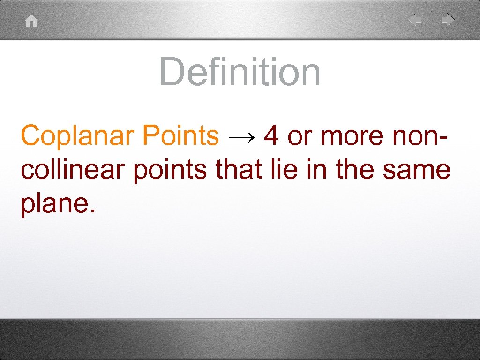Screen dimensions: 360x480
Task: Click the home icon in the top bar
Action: tap(31, 22)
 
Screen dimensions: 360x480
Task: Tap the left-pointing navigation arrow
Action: tap(415, 20)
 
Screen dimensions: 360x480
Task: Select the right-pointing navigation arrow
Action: tap(448, 20)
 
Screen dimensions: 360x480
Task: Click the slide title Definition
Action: tap(240, 72)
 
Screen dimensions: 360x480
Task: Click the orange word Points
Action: tap(180, 136)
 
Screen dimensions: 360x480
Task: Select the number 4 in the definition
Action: tap(271, 136)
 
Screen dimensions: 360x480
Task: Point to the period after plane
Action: tap(92, 211)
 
